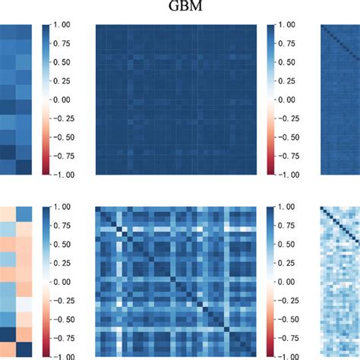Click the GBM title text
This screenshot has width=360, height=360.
[180, 8]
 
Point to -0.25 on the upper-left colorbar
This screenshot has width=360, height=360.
[64, 118]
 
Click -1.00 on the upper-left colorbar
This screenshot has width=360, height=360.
[64, 175]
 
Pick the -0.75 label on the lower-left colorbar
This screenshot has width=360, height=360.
[64, 337]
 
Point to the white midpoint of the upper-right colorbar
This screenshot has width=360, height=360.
[273, 100]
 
